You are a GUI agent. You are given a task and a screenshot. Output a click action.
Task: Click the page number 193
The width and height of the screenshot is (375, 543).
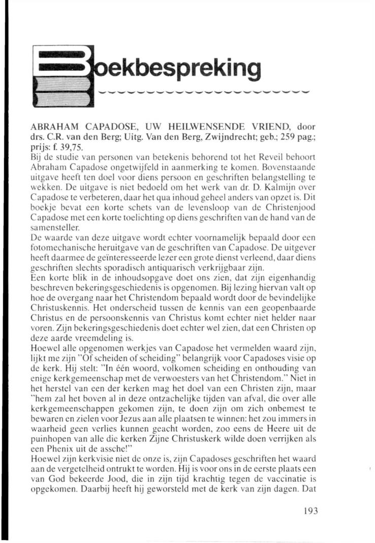pyautogui.click(x=308, y=511)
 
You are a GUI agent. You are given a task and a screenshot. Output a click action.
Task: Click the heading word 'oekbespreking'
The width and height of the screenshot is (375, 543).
pyautogui.click(x=176, y=67)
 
